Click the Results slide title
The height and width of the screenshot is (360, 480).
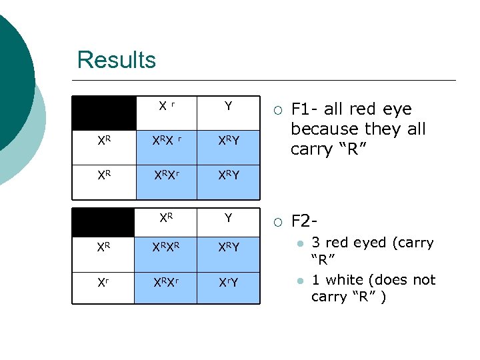(x=116, y=60)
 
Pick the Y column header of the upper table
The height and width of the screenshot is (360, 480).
(x=228, y=107)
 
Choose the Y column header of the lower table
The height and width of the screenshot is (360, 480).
(x=228, y=218)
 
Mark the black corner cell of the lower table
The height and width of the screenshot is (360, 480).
(x=103, y=218)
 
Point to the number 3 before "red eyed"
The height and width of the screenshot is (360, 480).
(x=315, y=243)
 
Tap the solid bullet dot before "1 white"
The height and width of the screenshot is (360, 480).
(x=301, y=281)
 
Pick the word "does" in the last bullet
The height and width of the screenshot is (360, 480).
(x=389, y=280)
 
